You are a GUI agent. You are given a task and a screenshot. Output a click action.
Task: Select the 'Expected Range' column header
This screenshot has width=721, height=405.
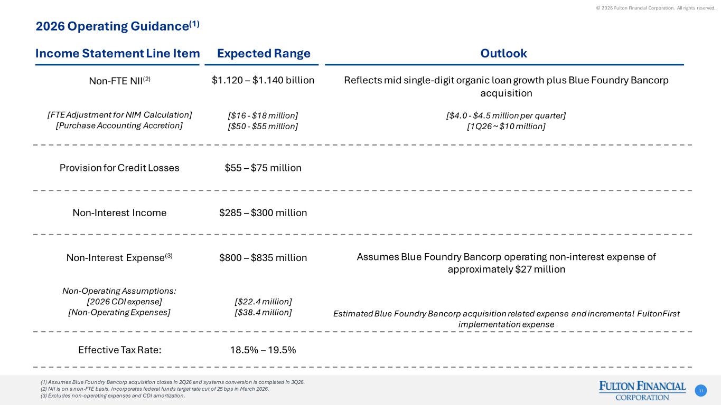click(264, 53)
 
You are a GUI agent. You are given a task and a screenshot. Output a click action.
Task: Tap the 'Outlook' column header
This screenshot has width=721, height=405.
click(503, 53)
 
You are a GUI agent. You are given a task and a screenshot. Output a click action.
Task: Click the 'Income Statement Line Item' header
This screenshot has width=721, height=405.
click(118, 53)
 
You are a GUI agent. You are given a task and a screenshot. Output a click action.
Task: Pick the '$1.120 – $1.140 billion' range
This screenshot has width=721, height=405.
click(263, 80)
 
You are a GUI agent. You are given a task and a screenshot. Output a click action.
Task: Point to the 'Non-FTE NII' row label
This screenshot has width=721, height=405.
click(119, 81)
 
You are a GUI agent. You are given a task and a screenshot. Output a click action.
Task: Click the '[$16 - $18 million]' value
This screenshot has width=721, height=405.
click(263, 115)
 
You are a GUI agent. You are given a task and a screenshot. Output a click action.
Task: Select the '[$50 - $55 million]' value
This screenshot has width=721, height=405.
click(263, 126)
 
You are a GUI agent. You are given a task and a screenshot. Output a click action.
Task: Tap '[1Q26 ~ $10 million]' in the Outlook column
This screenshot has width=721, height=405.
click(506, 126)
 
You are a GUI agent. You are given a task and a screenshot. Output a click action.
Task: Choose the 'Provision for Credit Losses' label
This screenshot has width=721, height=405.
click(119, 168)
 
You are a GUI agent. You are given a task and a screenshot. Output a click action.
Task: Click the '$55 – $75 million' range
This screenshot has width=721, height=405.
click(263, 168)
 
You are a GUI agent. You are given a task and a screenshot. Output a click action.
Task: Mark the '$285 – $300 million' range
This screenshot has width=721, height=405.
click(263, 213)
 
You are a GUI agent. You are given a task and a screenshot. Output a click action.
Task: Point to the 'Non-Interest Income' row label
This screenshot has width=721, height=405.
click(119, 213)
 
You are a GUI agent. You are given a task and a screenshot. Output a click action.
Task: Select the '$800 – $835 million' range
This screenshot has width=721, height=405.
click(263, 258)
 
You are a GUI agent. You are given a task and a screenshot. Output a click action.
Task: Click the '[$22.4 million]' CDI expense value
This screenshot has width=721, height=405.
click(263, 301)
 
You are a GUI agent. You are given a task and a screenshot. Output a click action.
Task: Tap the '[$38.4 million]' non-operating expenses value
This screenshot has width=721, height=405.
click(263, 312)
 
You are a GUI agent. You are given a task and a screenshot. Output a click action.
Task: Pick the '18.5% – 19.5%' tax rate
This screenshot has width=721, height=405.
click(263, 350)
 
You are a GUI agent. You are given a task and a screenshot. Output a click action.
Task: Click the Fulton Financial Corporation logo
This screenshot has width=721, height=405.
click(642, 390)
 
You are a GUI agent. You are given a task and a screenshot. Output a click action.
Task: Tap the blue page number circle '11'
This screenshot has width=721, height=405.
click(701, 391)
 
